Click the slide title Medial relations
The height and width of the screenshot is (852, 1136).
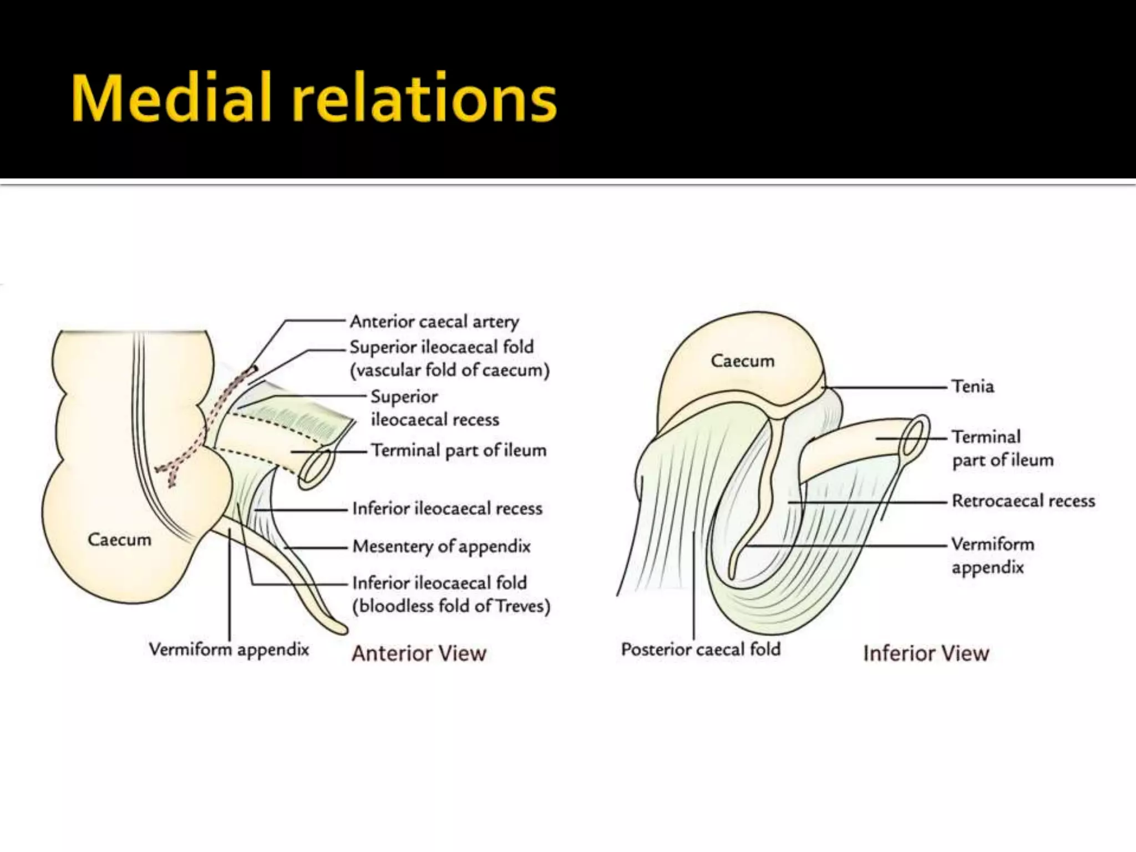[313, 98]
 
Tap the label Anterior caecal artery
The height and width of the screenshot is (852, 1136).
[434, 322]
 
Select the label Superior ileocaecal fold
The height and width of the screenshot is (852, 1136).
[441, 347]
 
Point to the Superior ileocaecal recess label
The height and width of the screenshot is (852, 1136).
[434, 408]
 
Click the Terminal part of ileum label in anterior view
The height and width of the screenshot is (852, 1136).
[458, 450]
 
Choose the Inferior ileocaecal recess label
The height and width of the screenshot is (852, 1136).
[447, 509]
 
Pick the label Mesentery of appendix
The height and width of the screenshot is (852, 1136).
[442, 546]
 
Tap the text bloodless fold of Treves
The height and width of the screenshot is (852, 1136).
[452, 606]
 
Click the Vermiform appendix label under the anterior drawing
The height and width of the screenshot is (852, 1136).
[229, 650]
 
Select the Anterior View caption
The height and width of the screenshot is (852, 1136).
[419, 653]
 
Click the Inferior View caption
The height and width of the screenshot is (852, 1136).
[926, 653]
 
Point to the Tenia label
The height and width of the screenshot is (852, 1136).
[972, 387]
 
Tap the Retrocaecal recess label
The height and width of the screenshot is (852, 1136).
[1023, 501]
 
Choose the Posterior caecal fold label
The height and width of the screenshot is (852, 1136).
[701, 650]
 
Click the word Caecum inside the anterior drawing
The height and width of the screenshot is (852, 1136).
[119, 540]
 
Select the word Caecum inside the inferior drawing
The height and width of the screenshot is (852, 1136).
[742, 361]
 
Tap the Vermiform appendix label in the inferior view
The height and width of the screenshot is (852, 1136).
[992, 555]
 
